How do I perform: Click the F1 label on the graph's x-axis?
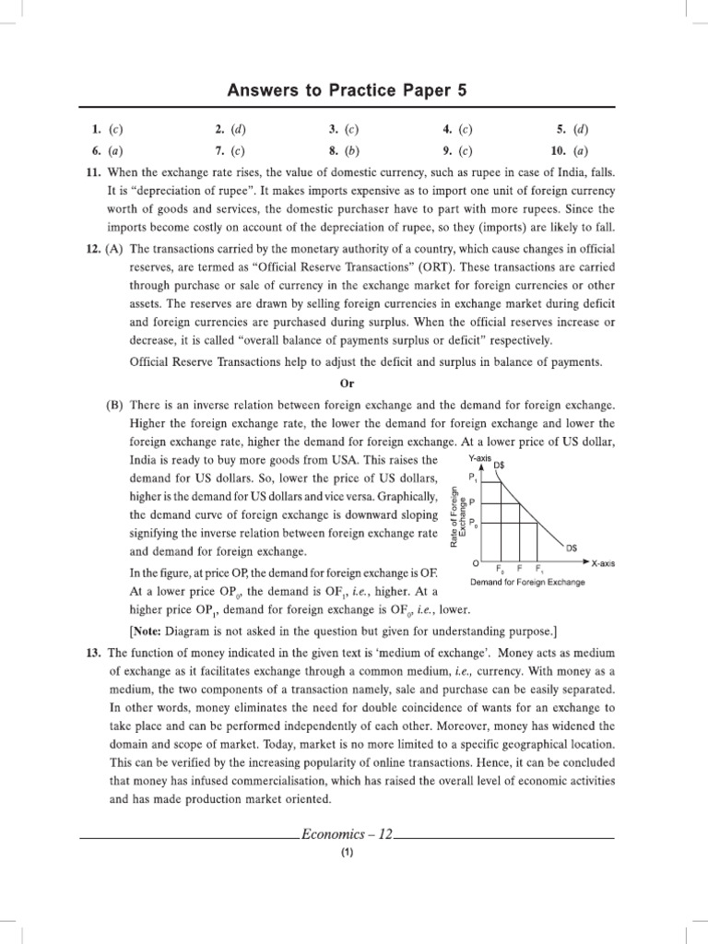(x=539, y=569)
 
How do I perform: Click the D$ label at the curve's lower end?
(x=572, y=548)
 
